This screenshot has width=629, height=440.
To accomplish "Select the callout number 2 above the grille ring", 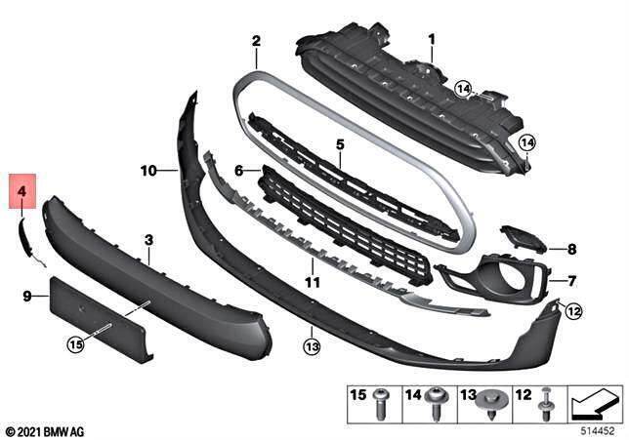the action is click(x=256, y=42).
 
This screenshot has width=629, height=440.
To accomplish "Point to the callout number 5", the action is click(x=340, y=143).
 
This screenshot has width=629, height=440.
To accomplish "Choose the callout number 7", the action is click(x=572, y=280).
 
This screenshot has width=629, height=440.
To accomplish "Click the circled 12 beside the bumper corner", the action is click(x=573, y=312).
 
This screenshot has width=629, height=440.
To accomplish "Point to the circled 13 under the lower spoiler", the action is click(x=312, y=344).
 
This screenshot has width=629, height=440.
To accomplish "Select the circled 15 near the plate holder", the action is click(x=76, y=342).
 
